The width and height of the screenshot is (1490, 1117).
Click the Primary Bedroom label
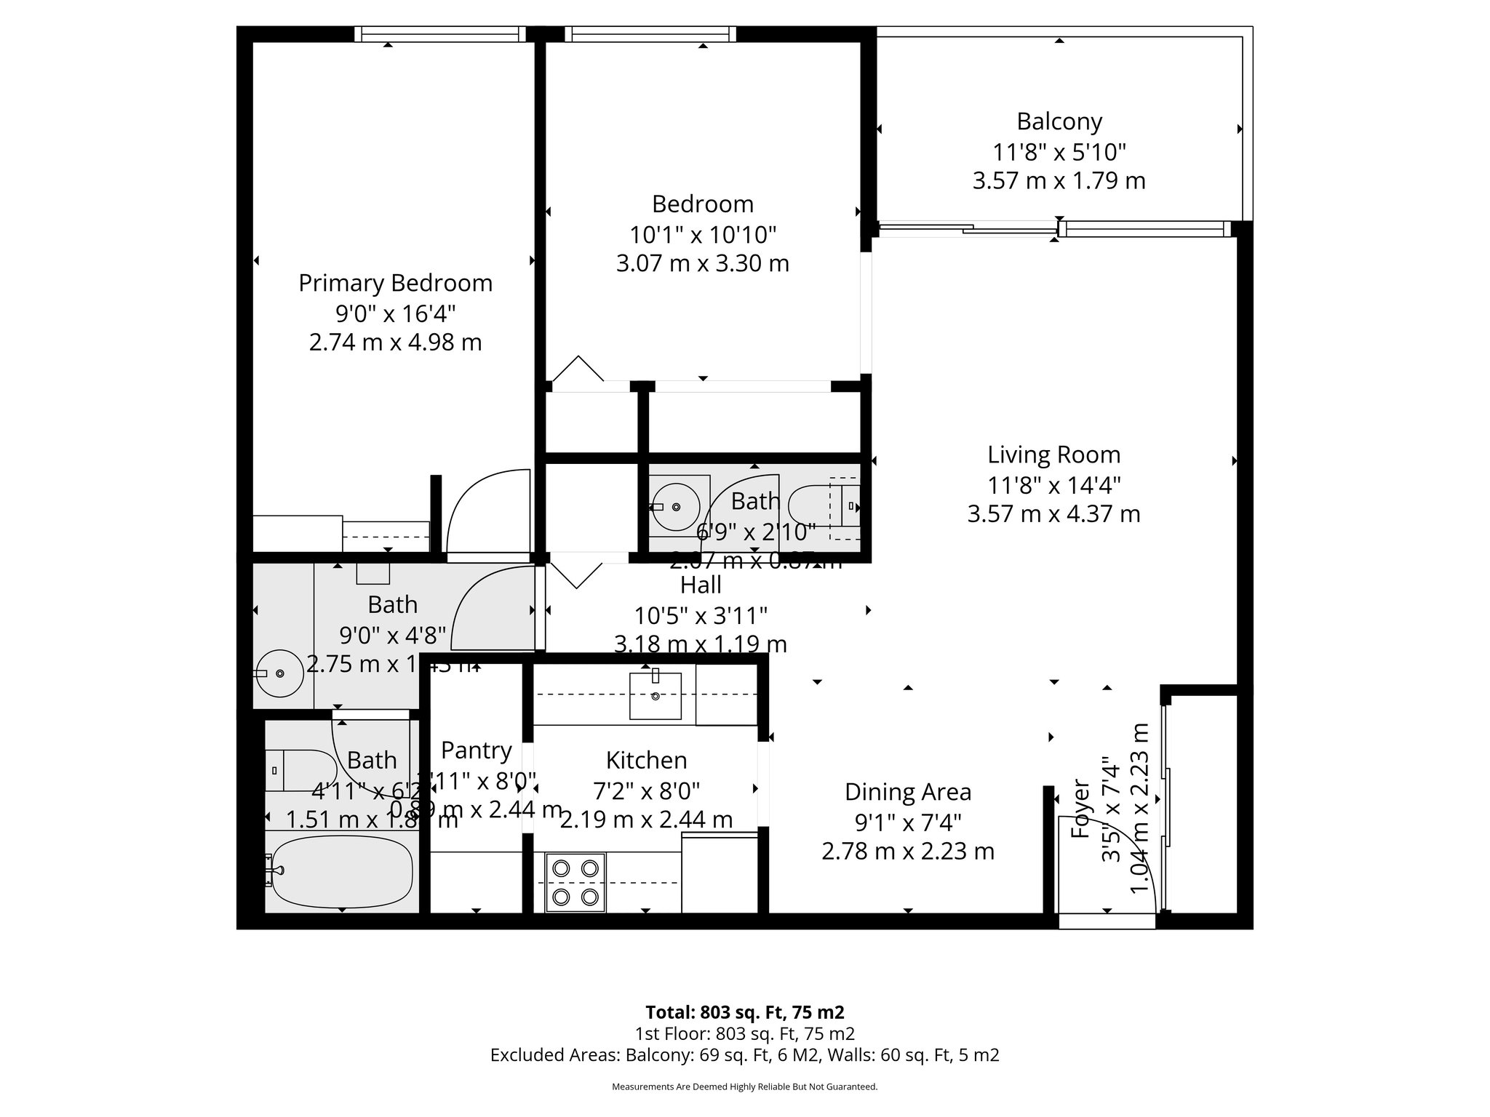click(x=395, y=283)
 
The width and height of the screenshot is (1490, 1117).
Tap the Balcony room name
click(x=1059, y=121)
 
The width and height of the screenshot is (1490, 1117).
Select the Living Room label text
click(x=1053, y=455)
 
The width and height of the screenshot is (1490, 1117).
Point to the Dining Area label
click(x=907, y=791)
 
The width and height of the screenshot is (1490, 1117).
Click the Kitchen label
click(x=646, y=760)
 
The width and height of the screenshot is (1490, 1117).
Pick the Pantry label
click(x=476, y=750)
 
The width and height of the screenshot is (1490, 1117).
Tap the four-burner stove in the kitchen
click(x=575, y=881)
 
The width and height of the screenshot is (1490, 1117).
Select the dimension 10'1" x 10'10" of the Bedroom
click(x=702, y=234)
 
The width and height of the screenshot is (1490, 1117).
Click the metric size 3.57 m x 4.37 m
click(x=1053, y=514)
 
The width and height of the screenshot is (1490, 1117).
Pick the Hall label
click(x=701, y=585)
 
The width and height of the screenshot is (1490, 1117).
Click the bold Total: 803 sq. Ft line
click(x=744, y=1012)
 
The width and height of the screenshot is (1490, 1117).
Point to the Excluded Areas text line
click(x=744, y=1055)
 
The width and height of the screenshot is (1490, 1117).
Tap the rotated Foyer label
click(x=1081, y=809)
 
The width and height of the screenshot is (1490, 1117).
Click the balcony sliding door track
click(x=968, y=230)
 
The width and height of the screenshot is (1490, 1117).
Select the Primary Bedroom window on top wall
click(x=440, y=33)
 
